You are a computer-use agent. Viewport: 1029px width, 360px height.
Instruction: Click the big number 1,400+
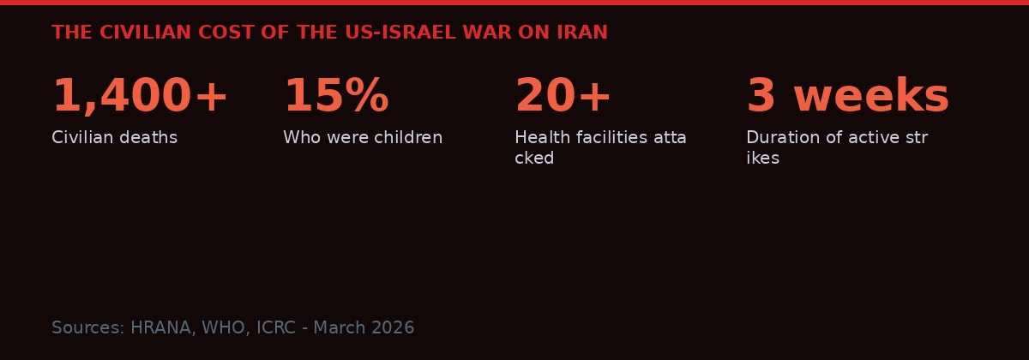pos(140,97)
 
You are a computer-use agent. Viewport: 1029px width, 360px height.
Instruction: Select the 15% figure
pos(336,97)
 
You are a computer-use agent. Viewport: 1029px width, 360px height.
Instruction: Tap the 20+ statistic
pos(563,97)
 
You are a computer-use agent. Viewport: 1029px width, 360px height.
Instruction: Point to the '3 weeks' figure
pos(847,97)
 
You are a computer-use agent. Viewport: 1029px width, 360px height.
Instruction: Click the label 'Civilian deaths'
pos(114,138)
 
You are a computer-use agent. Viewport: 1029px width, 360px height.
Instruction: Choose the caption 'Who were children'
pos(363,138)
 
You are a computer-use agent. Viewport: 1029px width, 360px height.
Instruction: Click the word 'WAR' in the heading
pos(486,33)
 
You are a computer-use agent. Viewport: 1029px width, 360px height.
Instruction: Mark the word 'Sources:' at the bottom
pos(88,328)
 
